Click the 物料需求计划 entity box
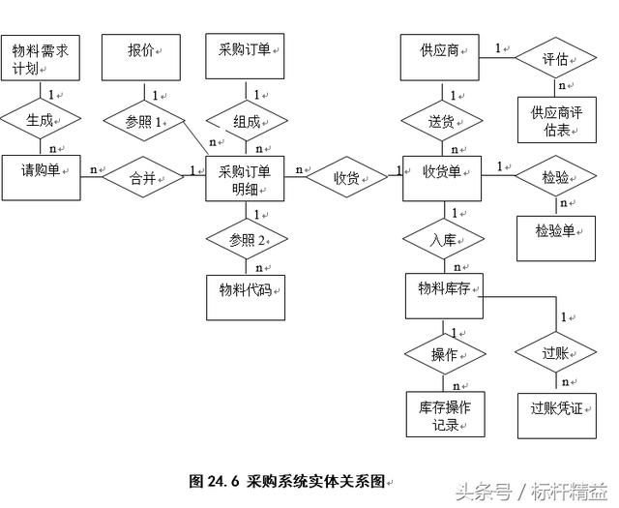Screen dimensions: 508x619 40,58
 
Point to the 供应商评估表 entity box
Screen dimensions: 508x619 556,121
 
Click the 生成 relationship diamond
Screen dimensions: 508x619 40,120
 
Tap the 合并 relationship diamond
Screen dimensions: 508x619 143,177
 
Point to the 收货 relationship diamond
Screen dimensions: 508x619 345,178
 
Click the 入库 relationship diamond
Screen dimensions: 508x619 443,239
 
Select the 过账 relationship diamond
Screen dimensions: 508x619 555,354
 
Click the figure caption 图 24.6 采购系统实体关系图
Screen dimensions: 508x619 287,481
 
